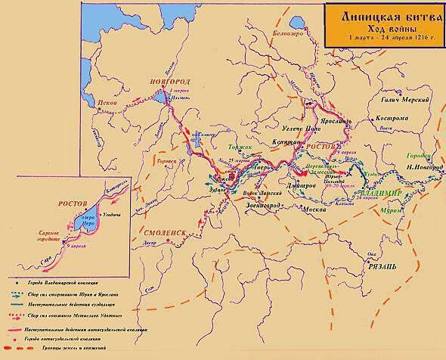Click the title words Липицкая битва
pos(379,14)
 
